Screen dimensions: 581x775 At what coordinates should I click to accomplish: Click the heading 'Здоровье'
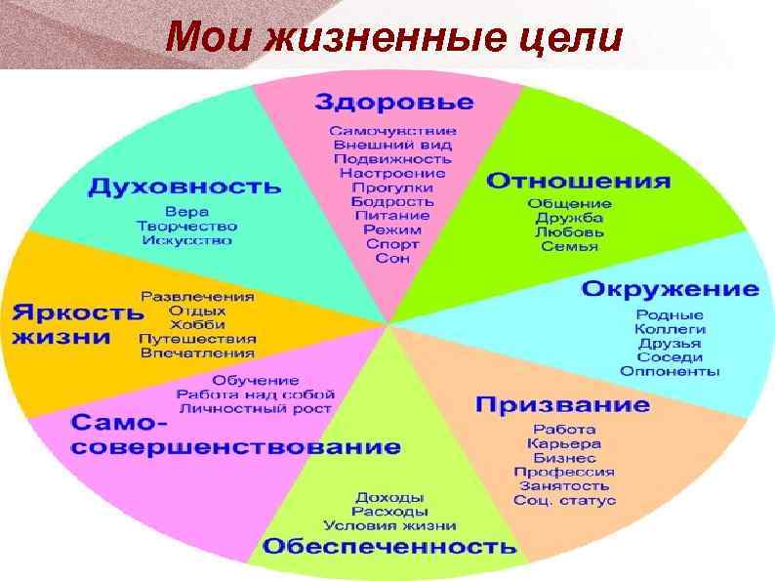click(393, 103)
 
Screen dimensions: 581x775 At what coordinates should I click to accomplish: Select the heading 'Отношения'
click(578, 181)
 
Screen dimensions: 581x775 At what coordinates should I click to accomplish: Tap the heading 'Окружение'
click(670, 289)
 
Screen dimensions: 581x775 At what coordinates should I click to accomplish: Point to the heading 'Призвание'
click(562, 404)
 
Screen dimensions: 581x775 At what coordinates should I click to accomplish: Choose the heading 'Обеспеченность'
click(388, 545)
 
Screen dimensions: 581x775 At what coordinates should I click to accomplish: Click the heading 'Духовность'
click(184, 185)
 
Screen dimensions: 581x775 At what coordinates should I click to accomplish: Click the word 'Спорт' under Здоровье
click(392, 244)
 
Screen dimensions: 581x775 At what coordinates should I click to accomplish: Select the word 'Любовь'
click(569, 232)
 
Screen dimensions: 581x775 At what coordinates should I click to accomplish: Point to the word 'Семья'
click(569, 246)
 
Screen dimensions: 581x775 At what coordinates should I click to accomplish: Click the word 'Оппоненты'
click(670, 371)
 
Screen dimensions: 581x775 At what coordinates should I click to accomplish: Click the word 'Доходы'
click(388, 496)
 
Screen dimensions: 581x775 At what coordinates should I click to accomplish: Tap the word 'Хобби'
click(197, 323)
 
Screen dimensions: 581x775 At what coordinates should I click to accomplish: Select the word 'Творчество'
click(186, 226)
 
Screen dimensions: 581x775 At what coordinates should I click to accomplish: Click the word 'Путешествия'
click(197, 338)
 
